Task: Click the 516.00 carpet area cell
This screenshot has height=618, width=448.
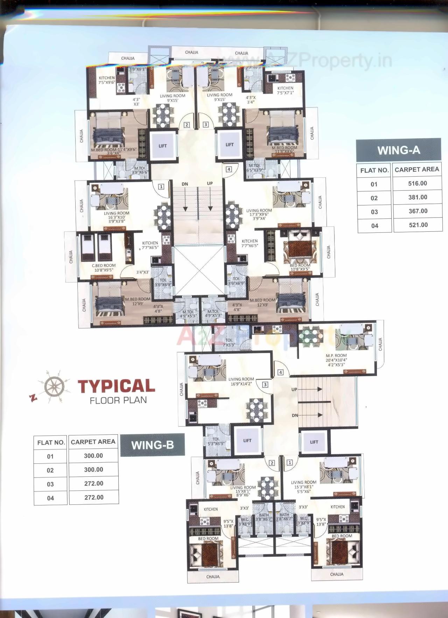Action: [x=418, y=183]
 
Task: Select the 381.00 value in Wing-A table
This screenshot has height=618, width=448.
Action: [x=418, y=197]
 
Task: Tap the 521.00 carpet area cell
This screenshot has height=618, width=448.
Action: [x=418, y=225]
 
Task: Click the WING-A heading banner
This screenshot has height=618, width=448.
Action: [x=399, y=150]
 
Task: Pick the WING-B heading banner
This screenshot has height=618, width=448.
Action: [x=152, y=445]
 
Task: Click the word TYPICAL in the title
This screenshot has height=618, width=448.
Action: [x=116, y=386]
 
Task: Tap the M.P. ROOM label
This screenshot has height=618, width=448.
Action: [x=336, y=355]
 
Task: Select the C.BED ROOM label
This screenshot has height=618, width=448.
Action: [x=104, y=266]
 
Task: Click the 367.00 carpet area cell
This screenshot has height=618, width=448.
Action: [x=418, y=211]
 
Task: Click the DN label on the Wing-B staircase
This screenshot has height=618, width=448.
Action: [x=295, y=415]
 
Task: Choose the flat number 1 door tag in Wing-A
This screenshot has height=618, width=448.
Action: [x=161, y=187]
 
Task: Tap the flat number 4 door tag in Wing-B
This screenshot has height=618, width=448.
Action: [x=280, y=373]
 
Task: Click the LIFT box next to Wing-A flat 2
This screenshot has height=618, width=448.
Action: [x=163, y=146]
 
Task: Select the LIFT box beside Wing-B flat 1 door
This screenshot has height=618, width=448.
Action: [x=314, y=442]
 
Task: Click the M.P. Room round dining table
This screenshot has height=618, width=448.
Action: [x=311, y=335]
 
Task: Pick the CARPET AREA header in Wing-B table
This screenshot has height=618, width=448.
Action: [x=93, y=442]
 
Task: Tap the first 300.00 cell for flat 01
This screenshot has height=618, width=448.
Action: [x=93, y=456]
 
